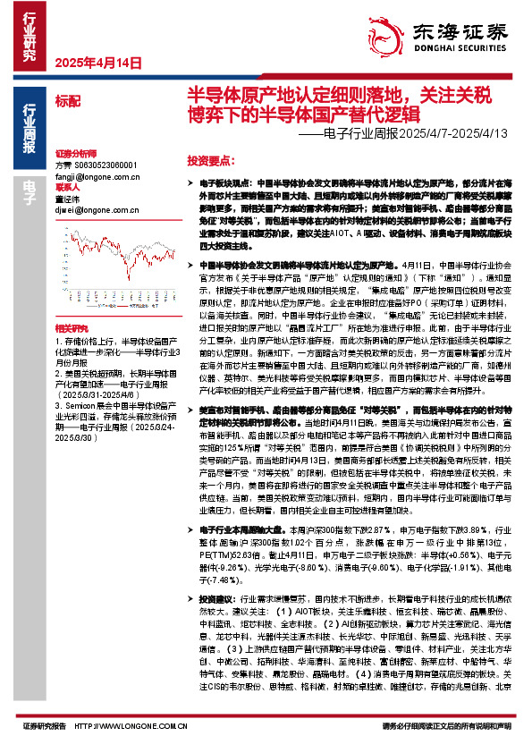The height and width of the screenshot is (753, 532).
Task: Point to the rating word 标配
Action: click(68, 102)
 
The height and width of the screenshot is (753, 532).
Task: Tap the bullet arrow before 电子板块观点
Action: click(191, 181)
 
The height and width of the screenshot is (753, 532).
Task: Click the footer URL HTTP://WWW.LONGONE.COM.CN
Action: click(131, 725)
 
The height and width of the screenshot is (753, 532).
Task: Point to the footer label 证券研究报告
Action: click(42, 725)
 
